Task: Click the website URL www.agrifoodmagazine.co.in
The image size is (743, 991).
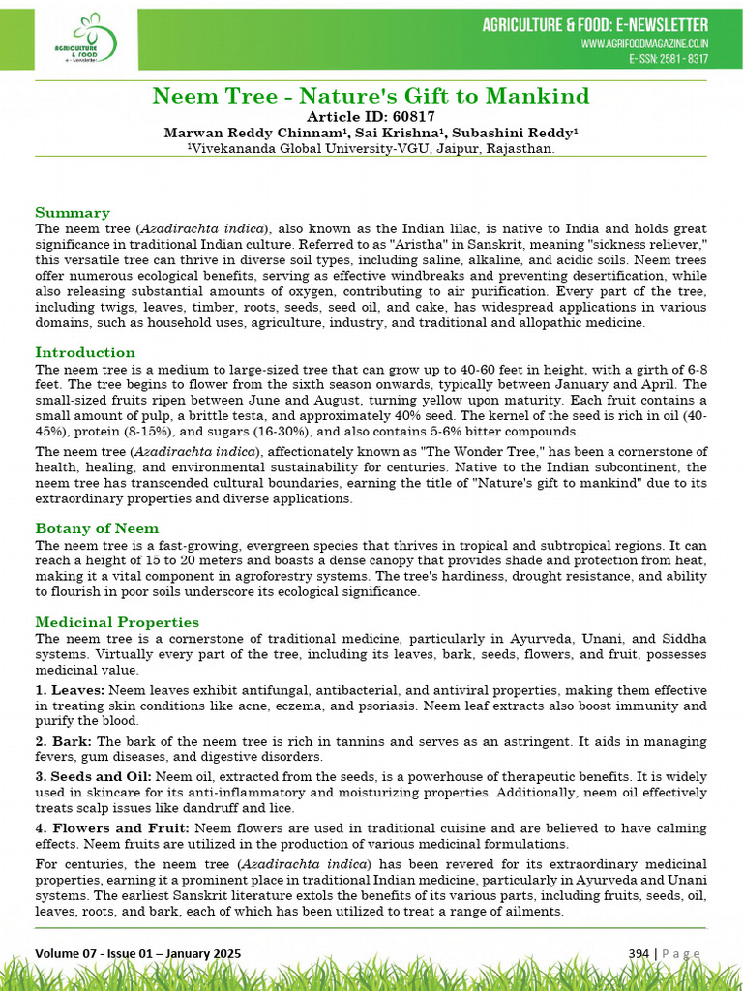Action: click(x=644, y=44)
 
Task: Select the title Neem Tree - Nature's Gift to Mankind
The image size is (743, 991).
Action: click(x=371, y=96)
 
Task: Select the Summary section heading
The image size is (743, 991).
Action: click(x=73, y=212)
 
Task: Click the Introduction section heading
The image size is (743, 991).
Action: click(x=85, y=352)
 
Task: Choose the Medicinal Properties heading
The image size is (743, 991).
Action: click(x=117, y=622)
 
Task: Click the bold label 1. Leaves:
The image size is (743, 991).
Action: click(x=70, y=690)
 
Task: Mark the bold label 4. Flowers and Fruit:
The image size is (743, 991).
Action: click(x=111, y=827)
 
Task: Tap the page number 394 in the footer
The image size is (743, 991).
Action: click(x=638, y=954)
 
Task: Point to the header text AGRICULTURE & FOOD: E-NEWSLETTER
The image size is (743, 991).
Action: click(x=595, y=25)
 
